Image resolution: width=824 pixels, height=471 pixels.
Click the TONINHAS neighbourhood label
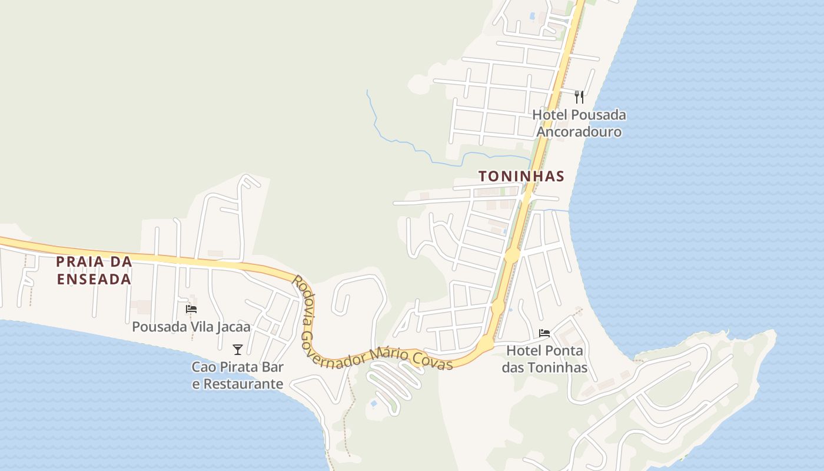pyautogui.click(x=521, y=176)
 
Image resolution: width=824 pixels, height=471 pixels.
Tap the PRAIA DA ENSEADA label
pyautogui.click(x=94, y=270)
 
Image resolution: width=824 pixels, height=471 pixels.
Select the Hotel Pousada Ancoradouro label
pyautogui.click(x=579, y=123)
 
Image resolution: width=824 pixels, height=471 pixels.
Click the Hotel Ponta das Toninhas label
pyautogui.click(x=544, y=359)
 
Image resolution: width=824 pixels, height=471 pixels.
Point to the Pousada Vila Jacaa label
pyautogui.click(x=191, y=327)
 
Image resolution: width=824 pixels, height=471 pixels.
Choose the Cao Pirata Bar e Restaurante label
pyautogui.click(x=238, y=376)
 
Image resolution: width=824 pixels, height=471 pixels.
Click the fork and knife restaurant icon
pyautogui.click(x=579, y=97)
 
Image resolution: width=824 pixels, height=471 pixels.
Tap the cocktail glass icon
pyautogui.click(x=238, y=350)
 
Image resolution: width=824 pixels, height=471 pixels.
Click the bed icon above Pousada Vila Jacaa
pyautogui.click(x=191, y=309)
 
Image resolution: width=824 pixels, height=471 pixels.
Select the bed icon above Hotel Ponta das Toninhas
pyautogui.click(x=544, y=333)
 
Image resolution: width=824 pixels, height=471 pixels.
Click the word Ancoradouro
pyautogui.click(x=579, y=131)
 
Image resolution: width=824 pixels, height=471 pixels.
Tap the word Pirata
pyautogui.click(x=242, y=367)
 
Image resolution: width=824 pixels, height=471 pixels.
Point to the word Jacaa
pyautogui.click(x=232, y=327)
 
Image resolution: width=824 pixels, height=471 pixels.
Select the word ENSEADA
pyautogui.click(x=94, y=279)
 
